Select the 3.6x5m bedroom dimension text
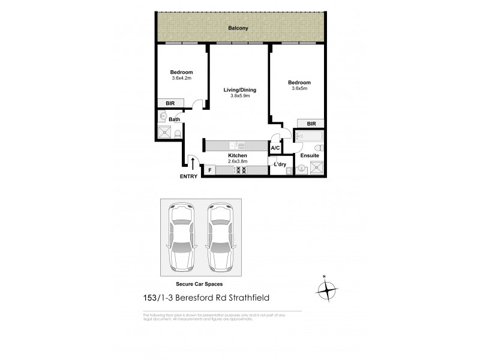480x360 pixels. (299, 88)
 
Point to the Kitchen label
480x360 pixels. (238, 155)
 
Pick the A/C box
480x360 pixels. (275, 147)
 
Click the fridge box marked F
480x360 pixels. (209, 170)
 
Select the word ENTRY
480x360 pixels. (188, 176)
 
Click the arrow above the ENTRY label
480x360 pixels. (191, 163)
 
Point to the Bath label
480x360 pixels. (174, 119)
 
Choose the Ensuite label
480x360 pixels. (310, 155)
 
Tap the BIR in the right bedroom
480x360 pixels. (311, 124)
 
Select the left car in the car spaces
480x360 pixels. (182, 238)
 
